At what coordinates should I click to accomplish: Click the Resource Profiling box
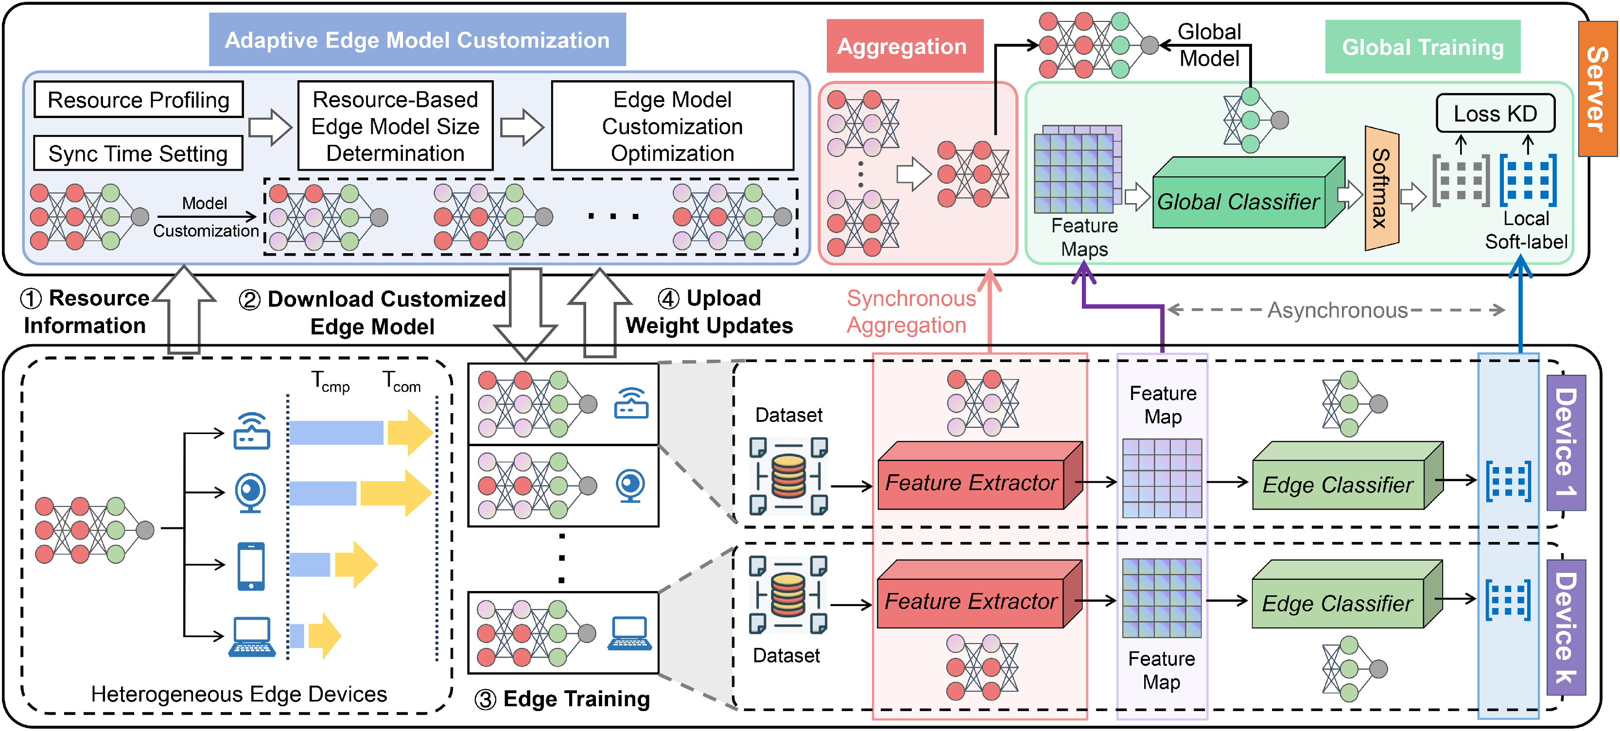[139, 100]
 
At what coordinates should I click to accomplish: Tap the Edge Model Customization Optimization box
[672, 126]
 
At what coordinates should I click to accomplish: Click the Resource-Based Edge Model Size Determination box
[395, 126]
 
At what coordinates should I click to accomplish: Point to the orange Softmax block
[1381, 188]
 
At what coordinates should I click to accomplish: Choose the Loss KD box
[1495, 113]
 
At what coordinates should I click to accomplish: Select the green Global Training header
[1423, 47]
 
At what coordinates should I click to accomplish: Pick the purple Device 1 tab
[1565, 442]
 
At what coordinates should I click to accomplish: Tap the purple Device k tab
[1565, 627]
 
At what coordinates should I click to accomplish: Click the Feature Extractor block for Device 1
[972, 483]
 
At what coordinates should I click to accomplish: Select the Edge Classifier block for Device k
[1338, 603]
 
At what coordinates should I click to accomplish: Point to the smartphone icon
[251, 566]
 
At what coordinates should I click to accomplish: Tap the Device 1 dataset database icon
[789, 476]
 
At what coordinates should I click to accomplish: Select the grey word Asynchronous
[1337, 310]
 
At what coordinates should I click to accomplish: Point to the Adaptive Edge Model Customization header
[417, 40]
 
